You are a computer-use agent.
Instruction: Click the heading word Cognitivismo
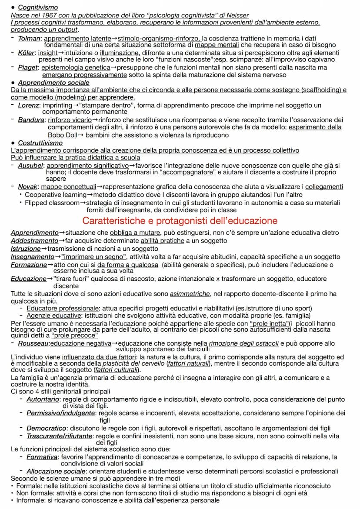[38, 8]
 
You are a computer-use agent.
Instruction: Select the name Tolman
[29, 38]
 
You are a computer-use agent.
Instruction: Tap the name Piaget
[28, 68]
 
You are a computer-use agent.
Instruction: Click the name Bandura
[31, 120]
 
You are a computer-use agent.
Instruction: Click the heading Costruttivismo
[40, 143]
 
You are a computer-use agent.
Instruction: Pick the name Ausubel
[30, 165]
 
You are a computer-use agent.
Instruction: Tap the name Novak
[28, 187]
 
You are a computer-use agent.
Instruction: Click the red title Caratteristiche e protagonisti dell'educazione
[180, 220]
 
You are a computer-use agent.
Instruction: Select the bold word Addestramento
[34, 240]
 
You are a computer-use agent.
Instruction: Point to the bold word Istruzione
[26, 249]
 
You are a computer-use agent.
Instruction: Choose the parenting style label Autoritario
[43, 399]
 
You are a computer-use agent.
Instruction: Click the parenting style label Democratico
[46, 428]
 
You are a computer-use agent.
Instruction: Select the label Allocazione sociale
[56, 471]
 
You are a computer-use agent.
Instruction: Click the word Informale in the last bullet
[31, 500]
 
